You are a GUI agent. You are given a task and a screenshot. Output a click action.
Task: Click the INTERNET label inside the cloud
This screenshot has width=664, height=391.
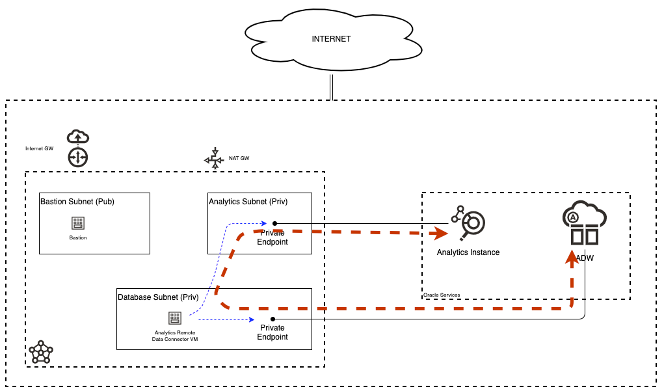(331, 39)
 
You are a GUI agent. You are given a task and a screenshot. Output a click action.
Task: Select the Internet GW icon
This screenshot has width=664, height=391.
(77, 148)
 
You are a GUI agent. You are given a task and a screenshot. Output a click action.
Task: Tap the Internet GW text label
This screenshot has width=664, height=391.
(39, 148)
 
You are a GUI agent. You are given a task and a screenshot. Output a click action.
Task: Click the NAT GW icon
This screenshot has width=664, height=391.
(214, 159)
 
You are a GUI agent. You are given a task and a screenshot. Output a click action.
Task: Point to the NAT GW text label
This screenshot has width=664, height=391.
(239, 158)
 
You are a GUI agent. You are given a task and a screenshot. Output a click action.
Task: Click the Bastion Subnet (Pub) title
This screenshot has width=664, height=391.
(77, 202)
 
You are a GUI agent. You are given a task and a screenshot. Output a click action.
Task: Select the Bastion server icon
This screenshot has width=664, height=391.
(78, 223)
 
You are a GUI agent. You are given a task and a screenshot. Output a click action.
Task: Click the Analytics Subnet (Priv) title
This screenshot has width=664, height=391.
(248, 202)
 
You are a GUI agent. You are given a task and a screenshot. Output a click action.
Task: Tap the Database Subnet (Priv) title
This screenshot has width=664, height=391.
(158, 297)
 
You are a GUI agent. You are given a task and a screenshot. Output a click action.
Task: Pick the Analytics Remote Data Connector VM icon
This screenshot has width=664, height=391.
(174, 318)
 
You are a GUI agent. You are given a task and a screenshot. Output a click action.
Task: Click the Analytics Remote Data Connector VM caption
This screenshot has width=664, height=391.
(174, 336)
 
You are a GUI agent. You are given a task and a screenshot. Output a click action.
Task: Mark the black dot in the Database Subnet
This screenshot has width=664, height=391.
(272, 319)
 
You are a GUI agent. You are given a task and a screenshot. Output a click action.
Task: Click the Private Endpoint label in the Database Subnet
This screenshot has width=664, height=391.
(272, 332)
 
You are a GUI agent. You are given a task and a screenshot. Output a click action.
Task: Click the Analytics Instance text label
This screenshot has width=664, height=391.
(468, 252)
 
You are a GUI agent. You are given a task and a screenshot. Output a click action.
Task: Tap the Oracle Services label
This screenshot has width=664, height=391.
(442, 295)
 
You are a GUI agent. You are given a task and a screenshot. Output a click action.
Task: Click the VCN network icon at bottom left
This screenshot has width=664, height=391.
(41, 352)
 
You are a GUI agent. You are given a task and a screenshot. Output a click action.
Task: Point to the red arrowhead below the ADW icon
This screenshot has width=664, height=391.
(571, 258)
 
